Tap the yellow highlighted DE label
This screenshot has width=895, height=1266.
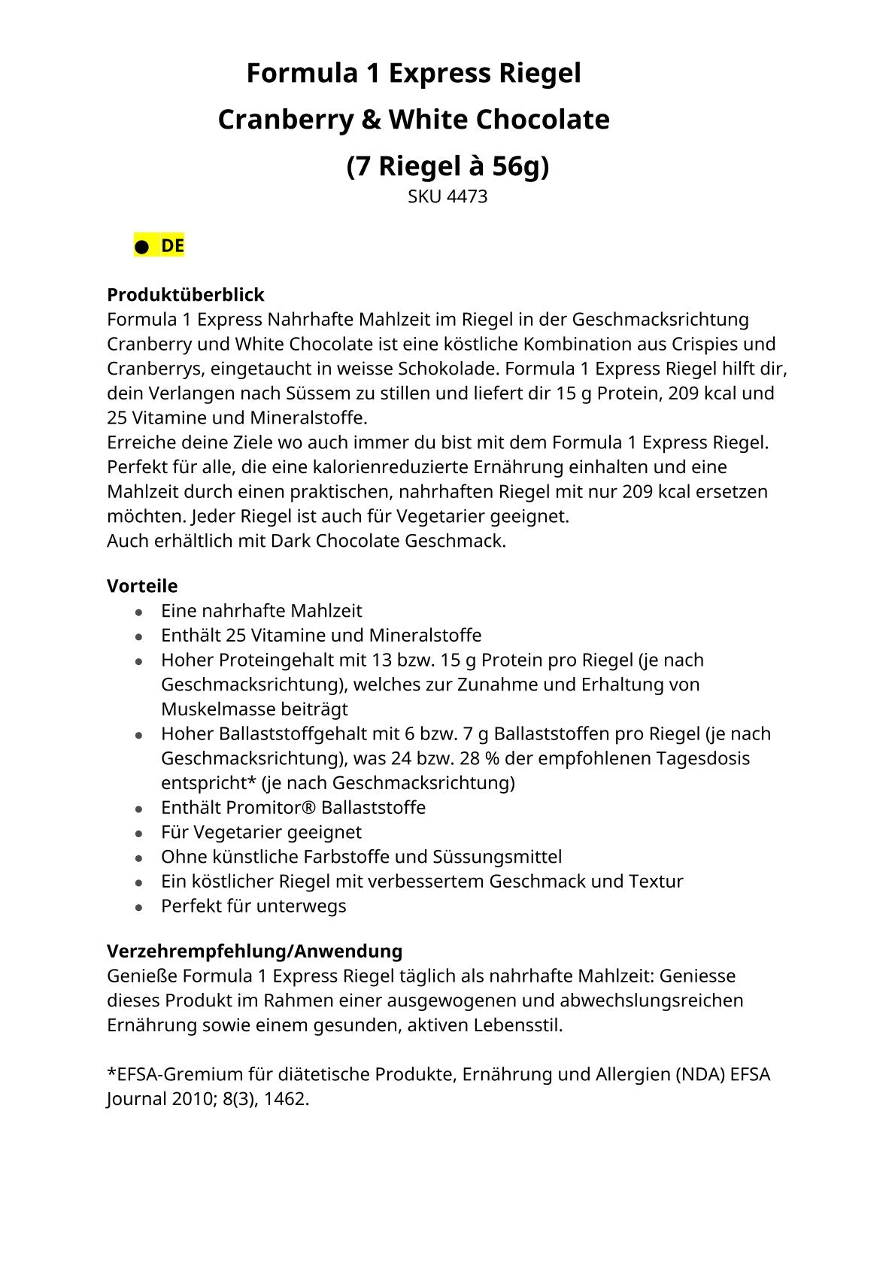pyautogui.click(x=172, y=246)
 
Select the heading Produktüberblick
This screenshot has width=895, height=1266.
pyautogui.click(x=185, y=294)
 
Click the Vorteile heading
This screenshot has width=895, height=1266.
pyautogui.click(x=142, y=586)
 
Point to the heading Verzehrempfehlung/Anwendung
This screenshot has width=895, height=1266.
pyautogui.click(x=254, y=951)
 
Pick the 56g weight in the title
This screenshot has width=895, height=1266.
pyautogui.click(x=520, y=166)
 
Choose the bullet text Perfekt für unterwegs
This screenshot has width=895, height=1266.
pyautogui.click(x=253, y=906)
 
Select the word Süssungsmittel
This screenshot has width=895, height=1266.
pyautogui.click(x=497, y=857)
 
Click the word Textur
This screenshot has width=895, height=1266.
pyautogui.click(x=657, y=882)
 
